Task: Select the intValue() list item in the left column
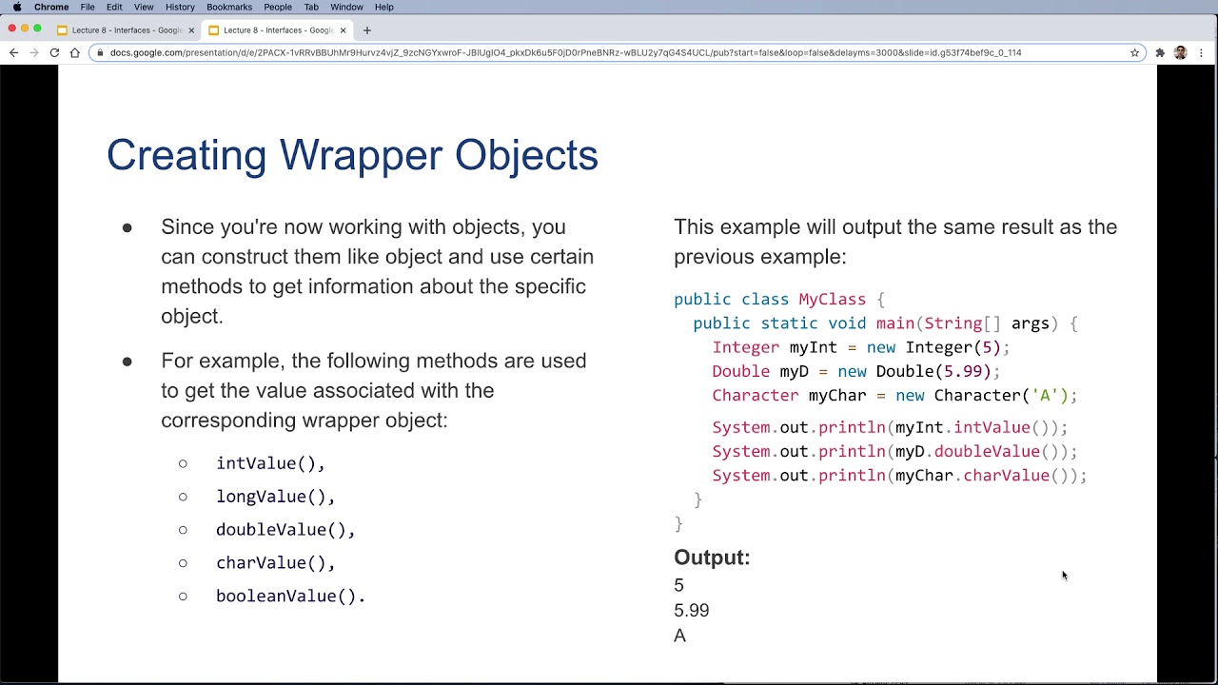click(x=270, y=463)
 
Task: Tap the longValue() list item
click(x=275, y=497)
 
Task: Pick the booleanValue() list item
click(x=289, y=597)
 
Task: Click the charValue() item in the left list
click(x=275, y=563)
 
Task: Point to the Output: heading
click(x=712, y=558)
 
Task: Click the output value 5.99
click(x=691, y=611)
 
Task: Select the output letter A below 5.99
click(x=679, y=636)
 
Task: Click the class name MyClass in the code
click(x=832, y=300)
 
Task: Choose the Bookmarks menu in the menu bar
click(x=229, y=7)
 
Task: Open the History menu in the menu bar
click(x=180, y=7)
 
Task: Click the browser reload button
click(x=54, y=52)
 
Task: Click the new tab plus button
click(x=366, y=29)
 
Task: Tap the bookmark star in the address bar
click(x=1134, y=52)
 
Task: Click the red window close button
click(x=12, y=29)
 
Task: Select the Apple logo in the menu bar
click(x=16, y=7)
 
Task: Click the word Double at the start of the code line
click(x=740, y=372)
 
